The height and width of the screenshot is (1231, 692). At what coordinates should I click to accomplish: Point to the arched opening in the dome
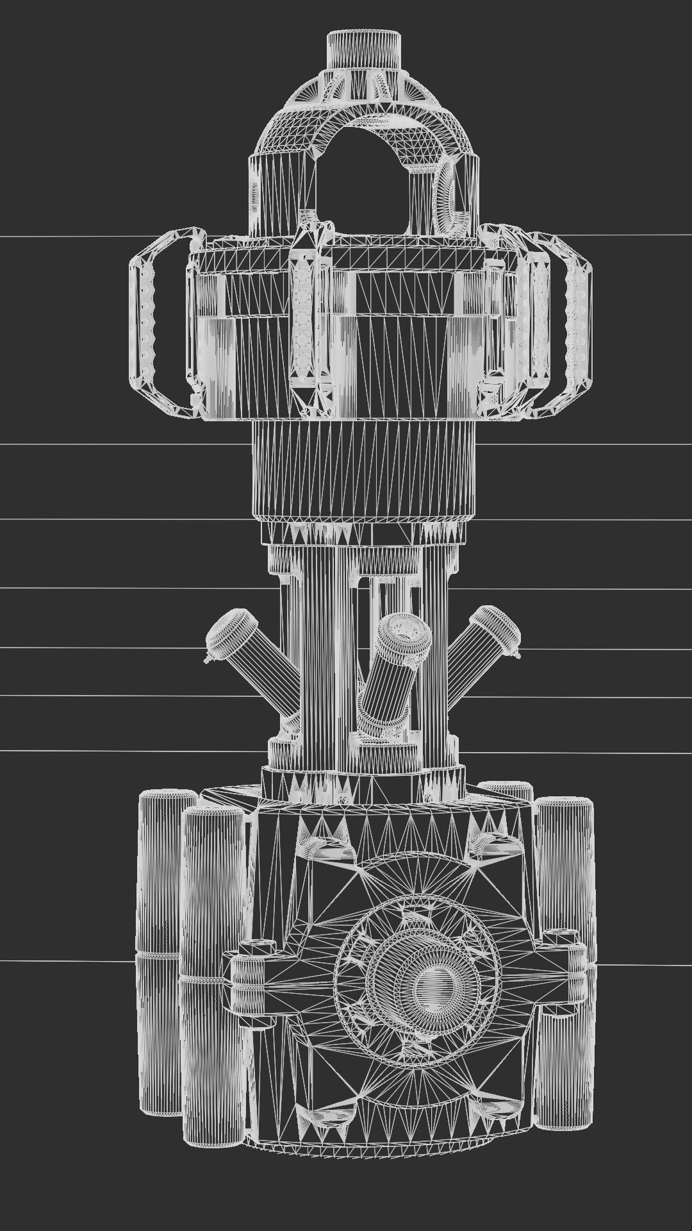363,173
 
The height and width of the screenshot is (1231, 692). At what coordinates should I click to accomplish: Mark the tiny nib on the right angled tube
517,655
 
